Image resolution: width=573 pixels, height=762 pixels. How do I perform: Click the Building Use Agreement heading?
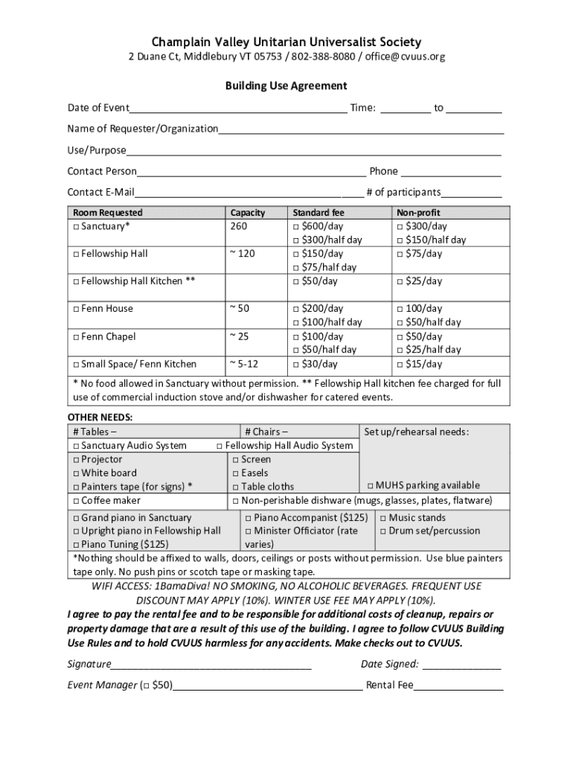coord(286,86)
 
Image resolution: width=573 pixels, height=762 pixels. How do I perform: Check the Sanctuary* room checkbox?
coord(76,226)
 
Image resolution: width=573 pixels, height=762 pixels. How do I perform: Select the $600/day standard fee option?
coord(296,226)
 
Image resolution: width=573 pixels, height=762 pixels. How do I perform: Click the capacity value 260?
coord(239,226)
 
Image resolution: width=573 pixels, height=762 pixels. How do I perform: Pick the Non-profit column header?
coord(418,213)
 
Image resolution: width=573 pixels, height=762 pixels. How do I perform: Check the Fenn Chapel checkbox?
coord(76,336)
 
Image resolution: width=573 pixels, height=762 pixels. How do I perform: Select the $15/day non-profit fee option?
coord(400,364)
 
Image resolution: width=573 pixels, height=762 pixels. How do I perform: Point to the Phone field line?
coord(451,172)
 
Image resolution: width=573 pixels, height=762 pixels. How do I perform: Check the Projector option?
coord(76,459)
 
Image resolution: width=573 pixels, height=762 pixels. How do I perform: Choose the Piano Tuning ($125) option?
coord(76,544)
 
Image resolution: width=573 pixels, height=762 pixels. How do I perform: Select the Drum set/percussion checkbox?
coord(383,531)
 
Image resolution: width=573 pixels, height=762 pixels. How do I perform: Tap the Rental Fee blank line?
coord(458,686)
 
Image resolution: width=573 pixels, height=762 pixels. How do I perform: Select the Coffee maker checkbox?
coord(76,500)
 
